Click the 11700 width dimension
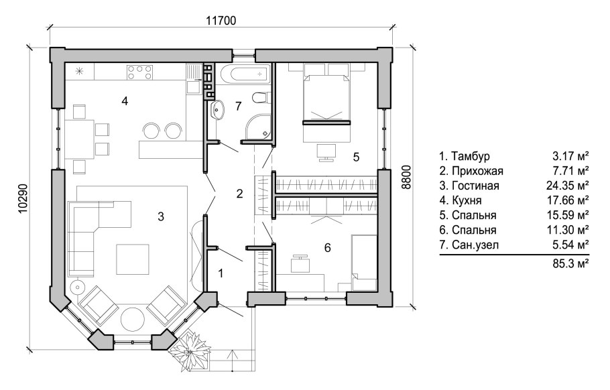[x=221, y=21]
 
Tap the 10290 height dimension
[x=23, y=198]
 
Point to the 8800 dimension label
[x=406, y=177]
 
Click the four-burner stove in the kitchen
[x=139, y=72]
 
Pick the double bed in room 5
[x=326, y=94]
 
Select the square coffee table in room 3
[x=133, y=259]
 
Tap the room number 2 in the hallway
[x=239, y=194]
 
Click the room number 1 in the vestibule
[x=221, y=274]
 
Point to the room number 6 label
[x=327, y=247]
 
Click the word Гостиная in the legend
[x=475, y=186]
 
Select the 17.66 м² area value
[x=568, y=200]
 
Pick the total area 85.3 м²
[x=570, y=264]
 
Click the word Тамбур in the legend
[x=471, y=156]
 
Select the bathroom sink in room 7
[x=217, y=109]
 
